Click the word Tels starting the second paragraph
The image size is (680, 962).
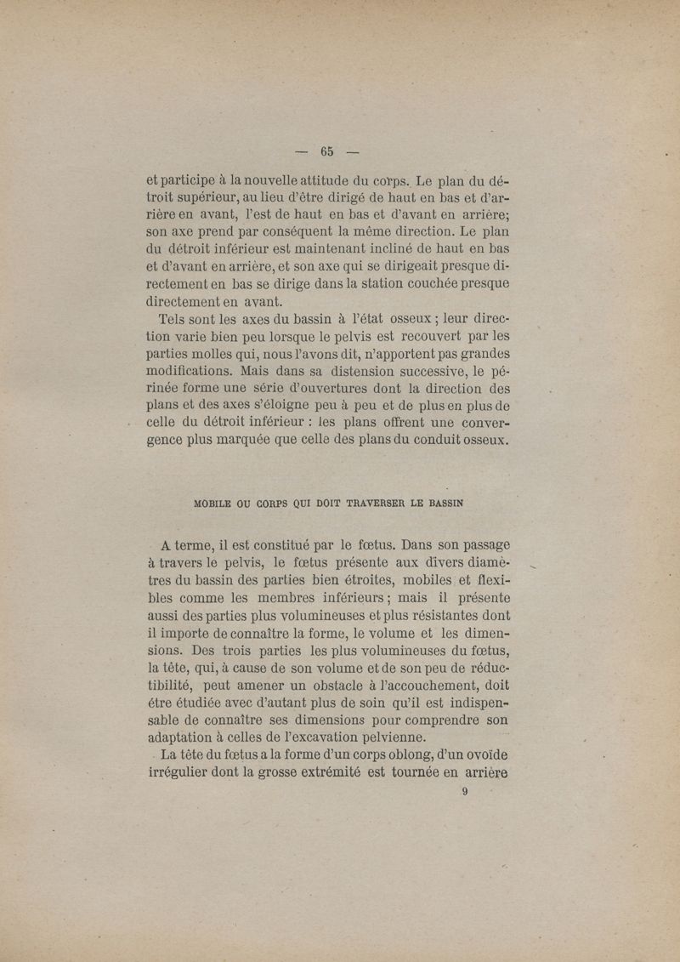[x=174, y=321]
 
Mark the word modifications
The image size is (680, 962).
[x=189, y=371]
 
